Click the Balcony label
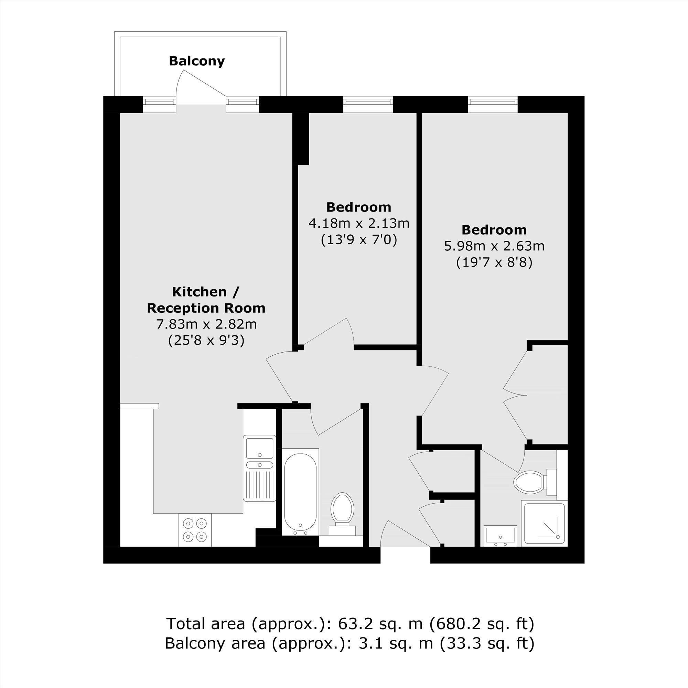click(196, 61)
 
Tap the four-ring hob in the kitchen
click(195, 530)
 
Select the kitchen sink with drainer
click(260, 468)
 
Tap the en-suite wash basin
click(500, 536)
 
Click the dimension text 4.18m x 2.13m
click(359, 223)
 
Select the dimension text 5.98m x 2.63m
click(494, 246)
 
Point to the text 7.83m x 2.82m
click(206, 324)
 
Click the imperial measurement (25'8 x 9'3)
click(206, 341)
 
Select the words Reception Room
click(206, 308)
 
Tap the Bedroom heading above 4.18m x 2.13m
click(359, 207)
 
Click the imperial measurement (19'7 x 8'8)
click(494, 262)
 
